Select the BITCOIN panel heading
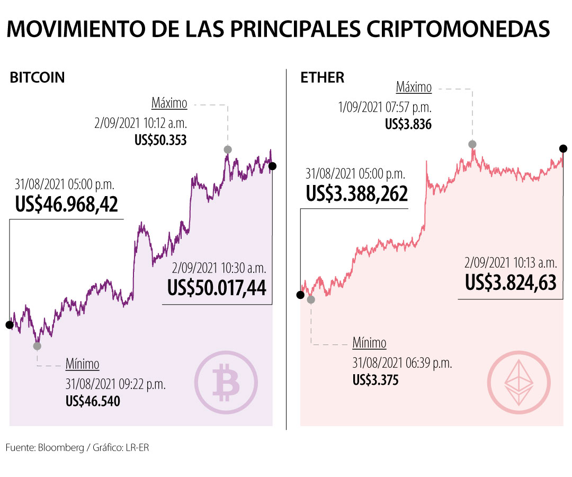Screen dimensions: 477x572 [37, 77]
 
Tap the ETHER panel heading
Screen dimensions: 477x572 [323, 77]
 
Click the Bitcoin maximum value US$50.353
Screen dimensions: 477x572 [160, 140]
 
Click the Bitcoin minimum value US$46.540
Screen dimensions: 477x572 [93, 401]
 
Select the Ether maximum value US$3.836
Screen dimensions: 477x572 [408, 125]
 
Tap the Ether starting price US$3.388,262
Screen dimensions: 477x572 [356, 193]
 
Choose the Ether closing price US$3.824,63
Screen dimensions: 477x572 [511, 282]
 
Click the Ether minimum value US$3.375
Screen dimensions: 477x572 [376, 380]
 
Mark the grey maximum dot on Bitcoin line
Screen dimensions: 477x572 [228, 149]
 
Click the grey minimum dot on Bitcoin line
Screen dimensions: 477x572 [37, 346]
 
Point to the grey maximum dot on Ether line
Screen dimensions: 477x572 [471, 144]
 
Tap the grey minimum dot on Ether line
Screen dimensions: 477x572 [311, 299]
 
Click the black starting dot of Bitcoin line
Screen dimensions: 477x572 [9, 324]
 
